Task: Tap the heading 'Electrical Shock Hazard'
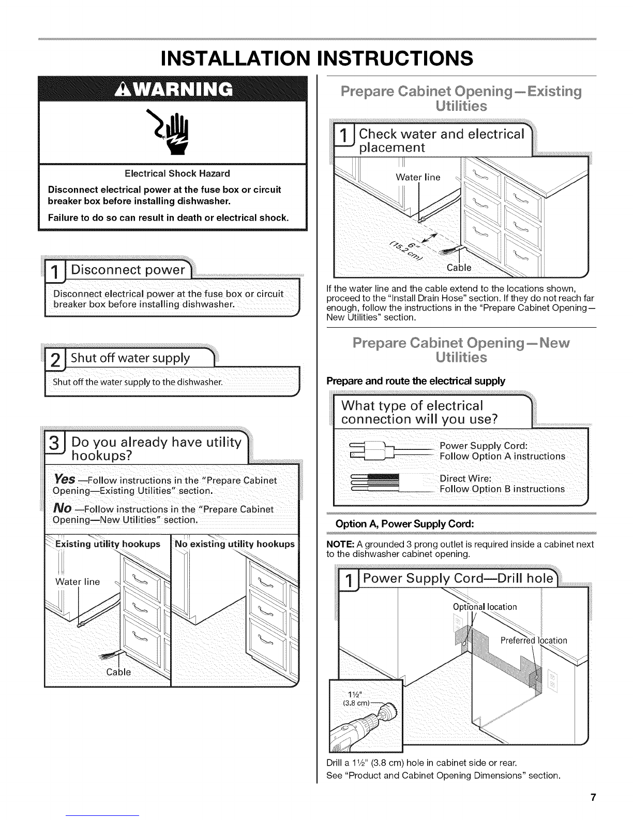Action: (173, 173)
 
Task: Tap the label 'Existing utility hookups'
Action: (108, 544)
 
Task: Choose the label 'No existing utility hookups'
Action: (235, 544)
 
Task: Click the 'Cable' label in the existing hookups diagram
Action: (118, 672)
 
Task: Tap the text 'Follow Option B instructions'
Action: (502, 489)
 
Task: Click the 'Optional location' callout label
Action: (485, 607)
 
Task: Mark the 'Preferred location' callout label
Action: (534, 640)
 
